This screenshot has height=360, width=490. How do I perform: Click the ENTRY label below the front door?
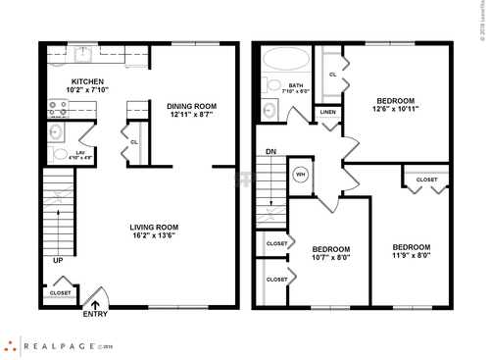pos(96,315)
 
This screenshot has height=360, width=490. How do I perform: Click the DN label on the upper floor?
pos(270,152)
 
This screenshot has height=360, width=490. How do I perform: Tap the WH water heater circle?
pos(301,177)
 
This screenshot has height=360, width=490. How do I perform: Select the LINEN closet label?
pos(328,113)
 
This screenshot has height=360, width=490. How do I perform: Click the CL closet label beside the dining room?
pos(133,141)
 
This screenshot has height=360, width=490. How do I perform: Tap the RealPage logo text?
pos(49,345)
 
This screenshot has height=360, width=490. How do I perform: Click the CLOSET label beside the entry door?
pos(60,292)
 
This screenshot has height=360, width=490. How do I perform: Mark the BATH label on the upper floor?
pos(295,85)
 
